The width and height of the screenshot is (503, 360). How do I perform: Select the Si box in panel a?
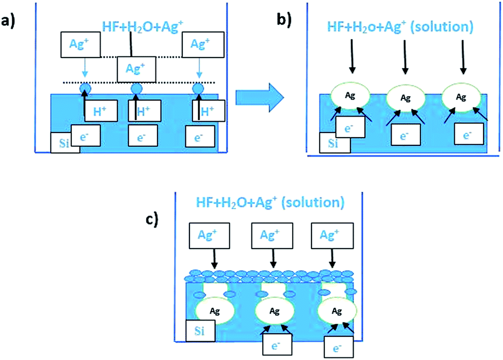click(x=65, y=142)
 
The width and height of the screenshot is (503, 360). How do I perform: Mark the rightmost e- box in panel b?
click(x=469, y=135)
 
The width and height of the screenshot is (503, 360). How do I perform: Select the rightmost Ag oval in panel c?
click(x=337, y=311)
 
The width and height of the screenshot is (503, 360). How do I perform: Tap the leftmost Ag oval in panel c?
click(x=215, y=310)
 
